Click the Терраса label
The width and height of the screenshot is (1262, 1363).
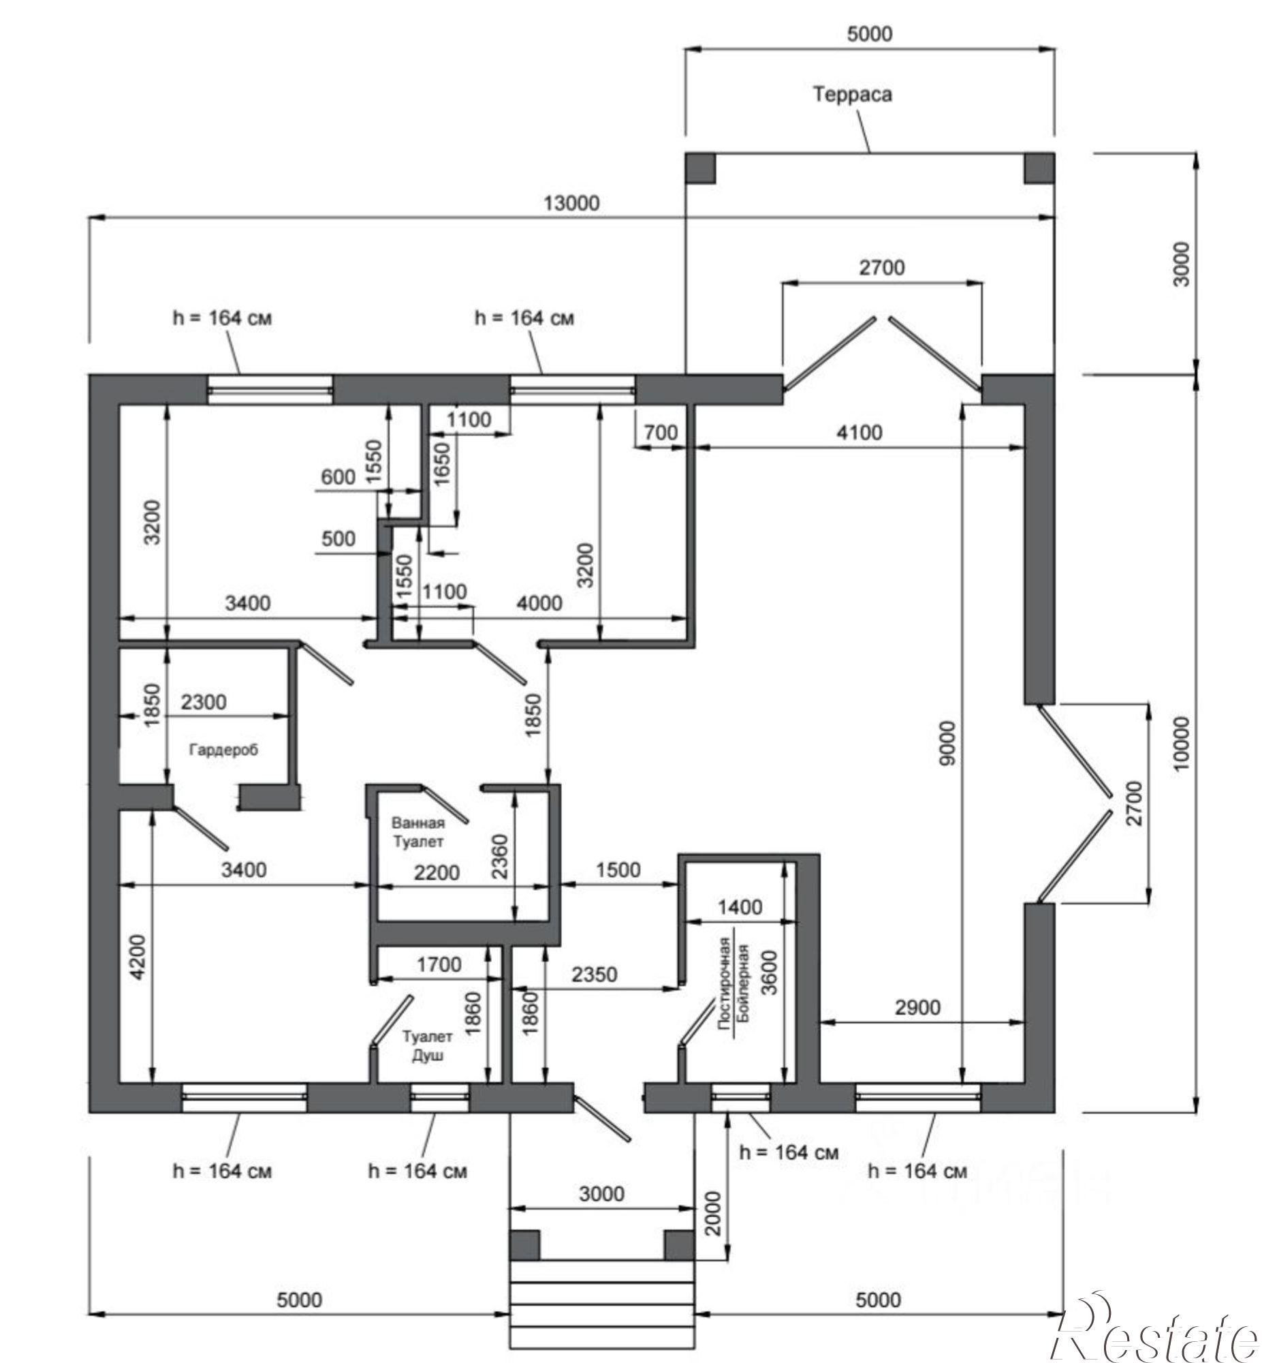click(x=852, y=94)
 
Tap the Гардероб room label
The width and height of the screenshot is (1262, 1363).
click(x=223, y=750)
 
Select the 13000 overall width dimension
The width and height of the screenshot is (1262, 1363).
click(x=571, y=203)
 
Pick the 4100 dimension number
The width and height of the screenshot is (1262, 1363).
click(x=859, y=433)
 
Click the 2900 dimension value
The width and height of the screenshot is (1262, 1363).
click(x=917, y=1007)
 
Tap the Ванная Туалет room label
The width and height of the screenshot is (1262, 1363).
click(x=418, y=832)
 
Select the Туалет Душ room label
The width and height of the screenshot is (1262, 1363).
click(x=428, y=1046)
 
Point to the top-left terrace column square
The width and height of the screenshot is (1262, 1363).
click(x=700, y=168)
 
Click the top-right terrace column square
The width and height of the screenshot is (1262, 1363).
click(x=1039, y=168)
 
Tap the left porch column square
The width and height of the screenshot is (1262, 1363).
click(x=524, y=1246)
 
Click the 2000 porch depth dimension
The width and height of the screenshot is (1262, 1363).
click(x=713, y=1213)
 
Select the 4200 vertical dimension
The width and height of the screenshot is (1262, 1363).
click(x=138, y=958)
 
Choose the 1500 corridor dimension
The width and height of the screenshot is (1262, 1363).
click(x=618, y=870)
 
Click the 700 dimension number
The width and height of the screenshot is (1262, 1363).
click(x=661, y=433)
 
